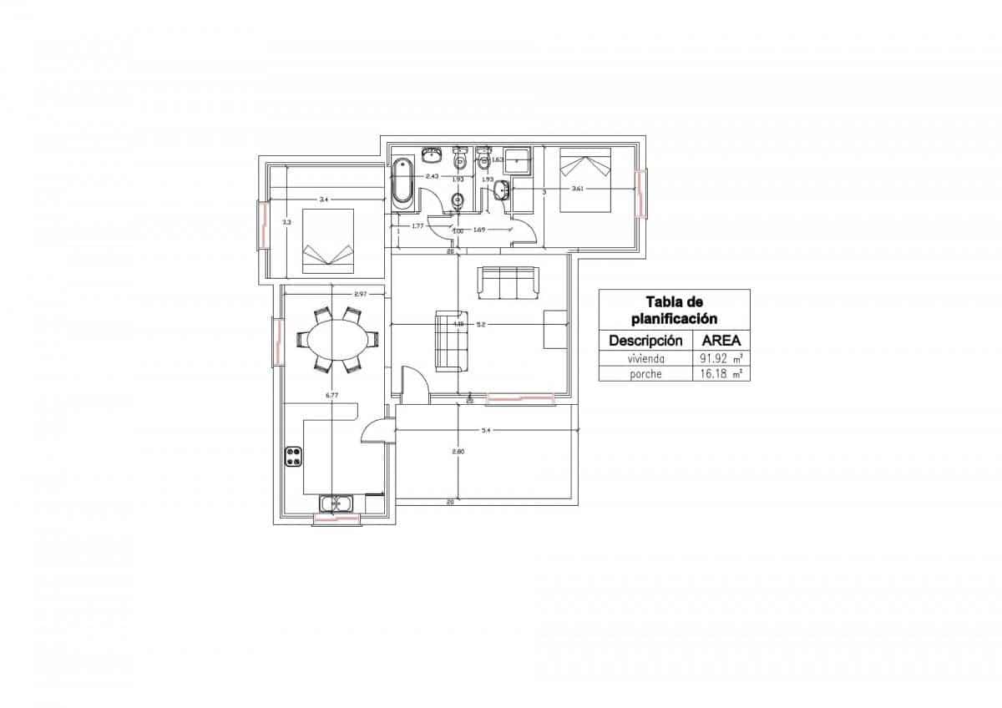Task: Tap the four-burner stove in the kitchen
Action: [294, 456]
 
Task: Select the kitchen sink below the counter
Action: [337, 503]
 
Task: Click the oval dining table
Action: [337, 339]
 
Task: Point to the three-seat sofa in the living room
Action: [508, 282]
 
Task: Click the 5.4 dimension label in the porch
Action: [486, 430]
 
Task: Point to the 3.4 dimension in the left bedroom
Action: [324, 200]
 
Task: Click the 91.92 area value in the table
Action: [715, 357]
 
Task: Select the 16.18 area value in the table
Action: [715, 374]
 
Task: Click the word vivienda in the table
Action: [646, 357]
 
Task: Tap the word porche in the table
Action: [646, 374]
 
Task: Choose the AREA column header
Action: [721, 340]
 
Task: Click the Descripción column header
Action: [646, 340]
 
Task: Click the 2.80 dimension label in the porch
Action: [458, 452]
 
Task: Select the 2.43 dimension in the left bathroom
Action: [433, 176]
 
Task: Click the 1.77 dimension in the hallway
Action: [417, 225]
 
